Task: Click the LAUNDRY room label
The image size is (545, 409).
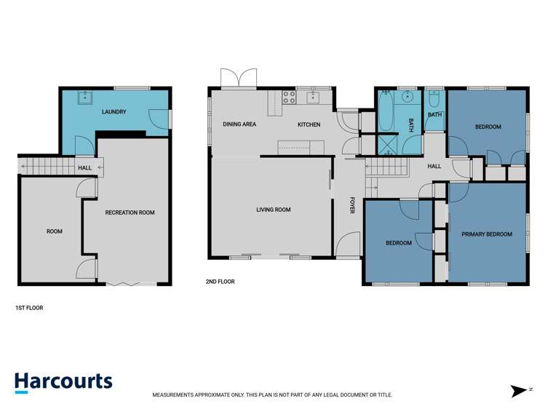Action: [x=114, y=112]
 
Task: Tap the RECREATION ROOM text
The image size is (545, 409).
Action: [x=130, y=213]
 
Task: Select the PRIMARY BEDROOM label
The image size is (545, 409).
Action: [x=487, y=234]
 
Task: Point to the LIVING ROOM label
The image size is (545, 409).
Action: [x=273, y=210]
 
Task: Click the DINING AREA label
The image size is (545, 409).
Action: [x=239, y=124]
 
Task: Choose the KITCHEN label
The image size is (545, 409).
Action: [x=309, y=124]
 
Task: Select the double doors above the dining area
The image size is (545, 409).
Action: [x=239, y=77]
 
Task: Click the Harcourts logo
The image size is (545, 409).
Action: [x=63, y=382]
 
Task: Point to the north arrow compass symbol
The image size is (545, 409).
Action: [x=520, y=391]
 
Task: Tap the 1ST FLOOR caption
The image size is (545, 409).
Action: [x=29, y=308]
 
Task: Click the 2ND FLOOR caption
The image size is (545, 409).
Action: [x=220, y=281]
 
